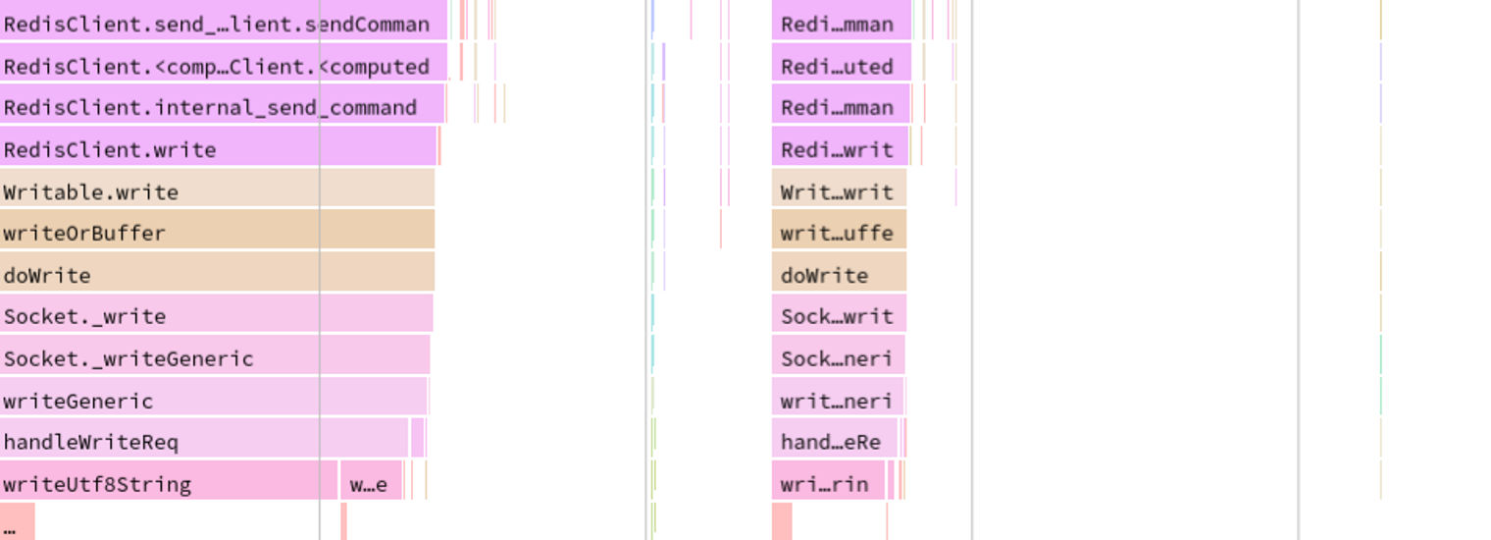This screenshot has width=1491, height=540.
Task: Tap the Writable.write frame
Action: click(217, 190)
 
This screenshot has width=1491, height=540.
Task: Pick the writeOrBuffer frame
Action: click(217, 232)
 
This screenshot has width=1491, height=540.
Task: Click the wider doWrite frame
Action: click(217, 274)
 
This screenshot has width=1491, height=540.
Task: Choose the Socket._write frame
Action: click(216, 315)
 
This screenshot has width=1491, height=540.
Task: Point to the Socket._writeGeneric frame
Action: click(215, 357)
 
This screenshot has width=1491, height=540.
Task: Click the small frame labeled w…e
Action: click(371, 483)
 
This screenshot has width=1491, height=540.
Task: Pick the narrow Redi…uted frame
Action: click(841, 65)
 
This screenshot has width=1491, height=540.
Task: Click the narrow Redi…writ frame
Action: click(840, 148)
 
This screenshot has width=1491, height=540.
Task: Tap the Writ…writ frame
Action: click(839, 190)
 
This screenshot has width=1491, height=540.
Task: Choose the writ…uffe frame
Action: click(839, 232)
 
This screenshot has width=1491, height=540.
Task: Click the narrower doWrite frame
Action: click(839, 274)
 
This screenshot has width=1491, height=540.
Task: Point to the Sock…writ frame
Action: click(839, 315)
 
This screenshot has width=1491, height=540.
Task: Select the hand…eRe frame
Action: click(834, 441)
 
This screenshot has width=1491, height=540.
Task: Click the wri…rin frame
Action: click(828, 483)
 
